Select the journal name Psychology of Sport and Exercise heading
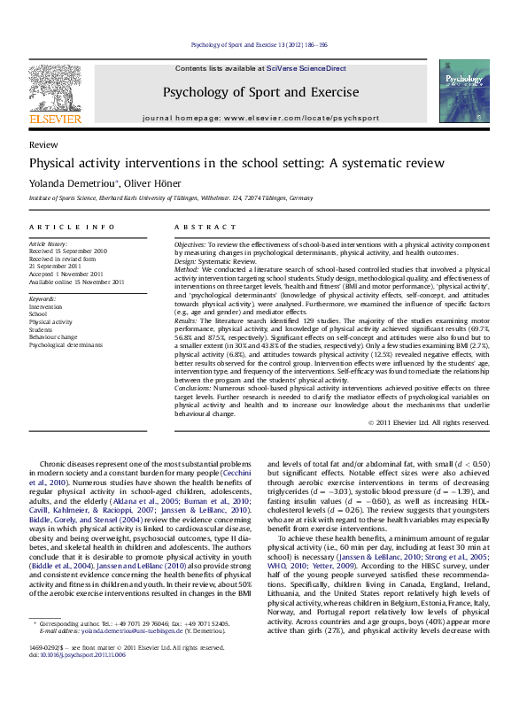(260, 92)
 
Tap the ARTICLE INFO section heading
(71, 228)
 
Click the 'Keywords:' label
(43, 299)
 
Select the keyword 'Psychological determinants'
(66, 345)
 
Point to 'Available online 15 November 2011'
(76, 282)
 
